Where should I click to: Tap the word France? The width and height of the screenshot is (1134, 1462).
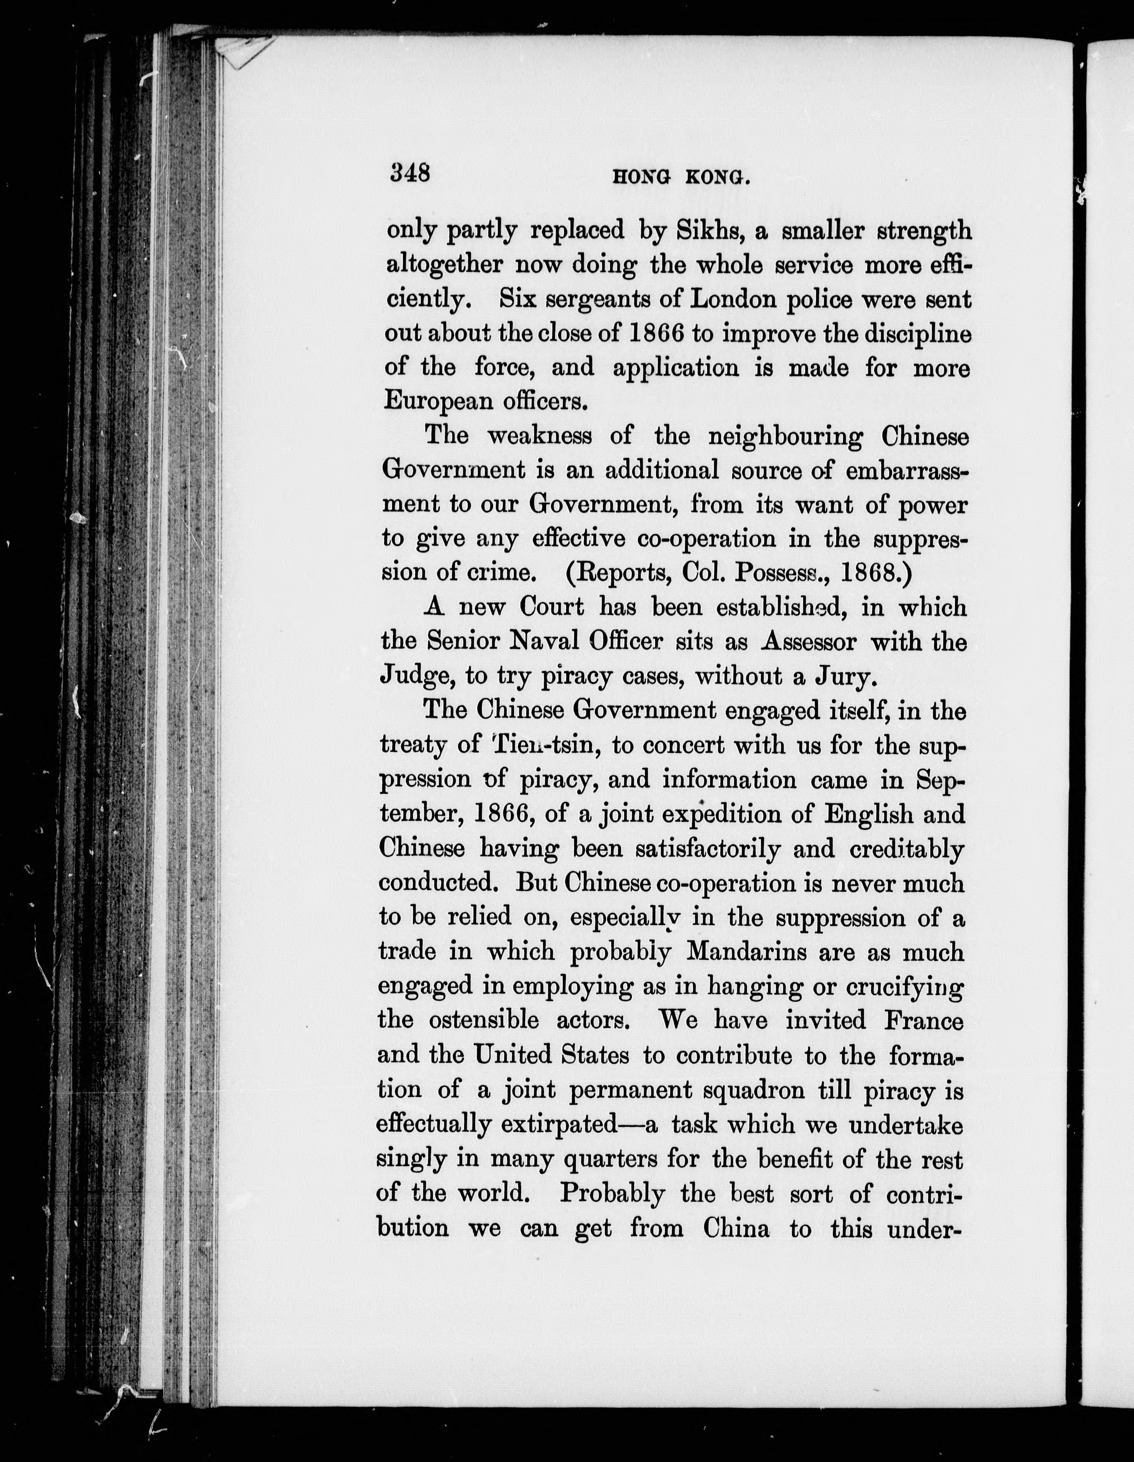tap(924, 1020)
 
